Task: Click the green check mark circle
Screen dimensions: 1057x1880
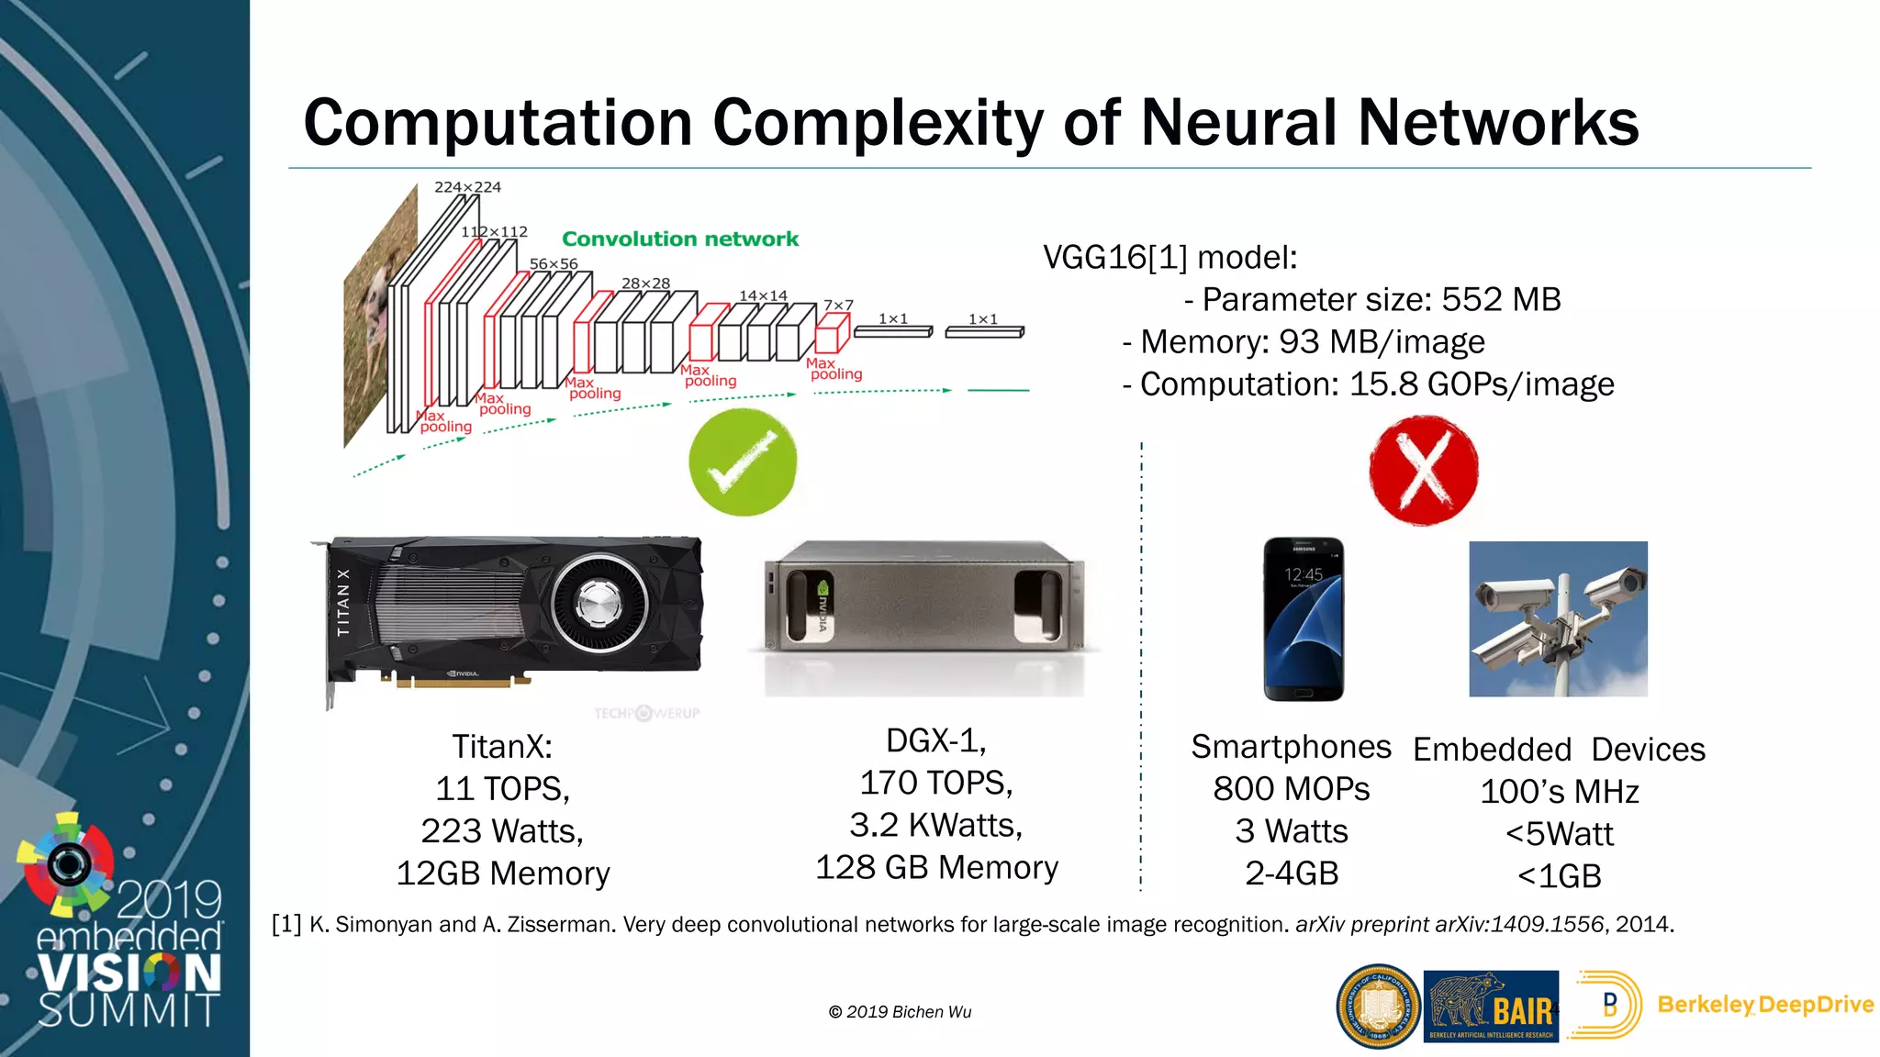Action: click(x=743, y=462)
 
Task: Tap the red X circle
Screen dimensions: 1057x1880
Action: click(x=1423, y=470)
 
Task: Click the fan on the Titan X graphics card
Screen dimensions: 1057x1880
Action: click(x=599, y=604)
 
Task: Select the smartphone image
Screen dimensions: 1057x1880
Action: click(x=1304, y=619)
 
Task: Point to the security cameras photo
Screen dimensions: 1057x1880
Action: click(x=1558, y=618)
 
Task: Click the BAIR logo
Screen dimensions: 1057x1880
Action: click(x=1491, y=1007)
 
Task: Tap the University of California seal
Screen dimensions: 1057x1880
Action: click(x=1378, y=1007)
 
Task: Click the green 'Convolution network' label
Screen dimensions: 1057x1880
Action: click(x=680, y=239)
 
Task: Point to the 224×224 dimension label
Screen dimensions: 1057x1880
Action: click(x=467, y=187)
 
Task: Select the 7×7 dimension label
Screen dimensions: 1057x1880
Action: click(x=838, y=305)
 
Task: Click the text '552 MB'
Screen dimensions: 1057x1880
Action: click(x=1501, y=299)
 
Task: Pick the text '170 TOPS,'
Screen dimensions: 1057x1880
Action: click(x=936, y=783)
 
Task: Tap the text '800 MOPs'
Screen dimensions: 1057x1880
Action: click(x=1291, y=789)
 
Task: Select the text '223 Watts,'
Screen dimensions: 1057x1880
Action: click(x=502, y=831)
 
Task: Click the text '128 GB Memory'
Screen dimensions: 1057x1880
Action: click(x=936, y=867)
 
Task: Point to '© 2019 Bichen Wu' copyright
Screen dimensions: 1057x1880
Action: click(x=900, y=1012)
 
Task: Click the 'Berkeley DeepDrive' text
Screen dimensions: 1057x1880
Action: click(x=1764, y=1005)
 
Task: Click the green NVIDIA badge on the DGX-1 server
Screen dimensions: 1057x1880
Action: click(x=822, y=608)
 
